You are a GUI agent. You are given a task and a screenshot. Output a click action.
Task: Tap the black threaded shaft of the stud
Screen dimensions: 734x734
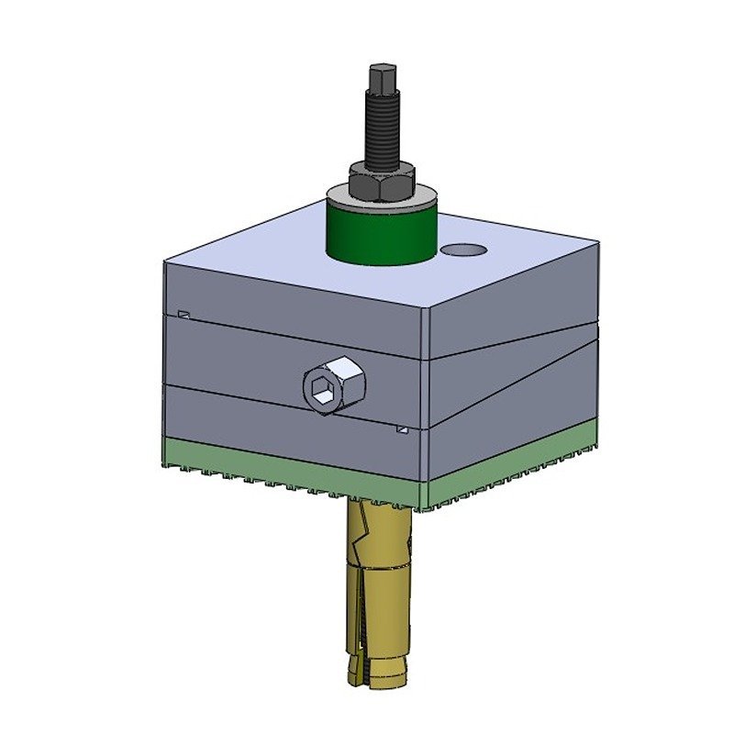[x=381, y=128]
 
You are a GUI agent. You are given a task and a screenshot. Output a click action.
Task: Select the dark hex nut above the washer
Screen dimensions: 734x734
[x=380, y=183]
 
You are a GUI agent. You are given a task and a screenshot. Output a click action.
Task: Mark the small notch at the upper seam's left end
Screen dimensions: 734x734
[x=184, y=314]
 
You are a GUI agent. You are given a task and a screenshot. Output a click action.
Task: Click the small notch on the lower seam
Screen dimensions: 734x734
[x=401, y=428]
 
